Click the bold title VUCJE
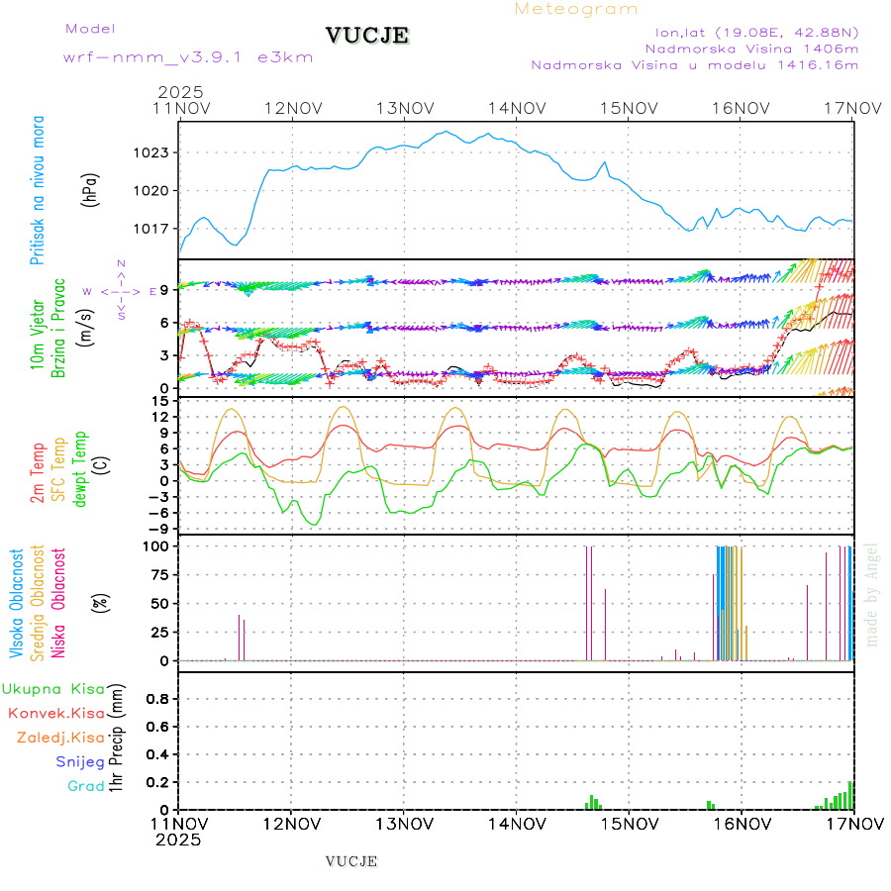click(366, 36)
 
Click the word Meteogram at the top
click(576, 9)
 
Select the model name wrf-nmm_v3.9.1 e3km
click(188, 56)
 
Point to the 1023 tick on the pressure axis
click(154, 152)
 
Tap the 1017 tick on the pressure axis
click(154, 228)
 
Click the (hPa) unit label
click(90, 189)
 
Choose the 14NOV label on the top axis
click(516, 108)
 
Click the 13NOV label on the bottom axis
click(403, 823)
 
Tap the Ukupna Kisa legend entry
click(53, 688)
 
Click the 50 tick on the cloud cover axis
click(159, 603)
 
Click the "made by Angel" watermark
click(872, 594)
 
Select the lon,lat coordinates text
click(749, 32)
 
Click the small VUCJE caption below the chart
click(351, 861)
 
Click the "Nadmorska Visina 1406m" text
click(751, 49)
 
